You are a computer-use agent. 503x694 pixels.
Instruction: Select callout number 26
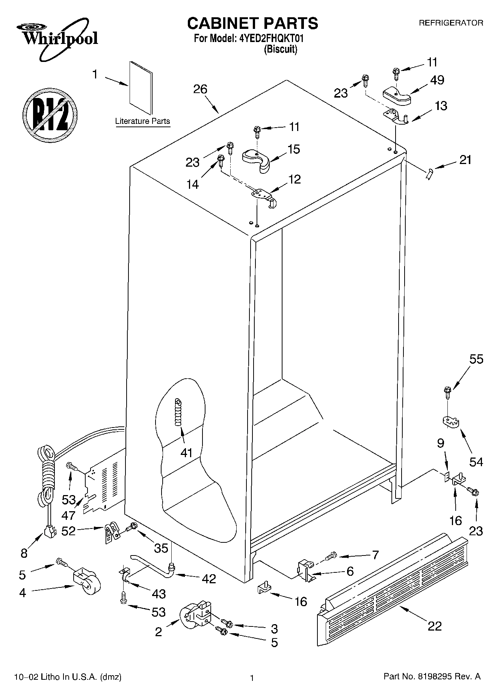(200, 89)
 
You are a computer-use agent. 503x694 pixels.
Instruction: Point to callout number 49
(437, 80)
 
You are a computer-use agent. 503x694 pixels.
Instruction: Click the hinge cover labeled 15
(257, 160)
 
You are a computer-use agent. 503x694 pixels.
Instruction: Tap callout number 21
(465, 160)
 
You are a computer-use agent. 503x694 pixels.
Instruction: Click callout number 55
(476, 360)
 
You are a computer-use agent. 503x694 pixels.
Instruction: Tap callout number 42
(208, 579)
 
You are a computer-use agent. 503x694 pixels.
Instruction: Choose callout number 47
(68, 515)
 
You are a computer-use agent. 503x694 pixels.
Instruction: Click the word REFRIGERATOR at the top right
(451, 23)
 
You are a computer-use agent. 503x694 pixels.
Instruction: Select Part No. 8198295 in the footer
(432, 677)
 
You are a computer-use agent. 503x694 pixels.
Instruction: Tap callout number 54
(476, 462)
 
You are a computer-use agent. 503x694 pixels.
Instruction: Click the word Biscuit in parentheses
(280, 49)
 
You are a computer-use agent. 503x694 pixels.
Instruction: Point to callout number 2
(159, 632)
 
